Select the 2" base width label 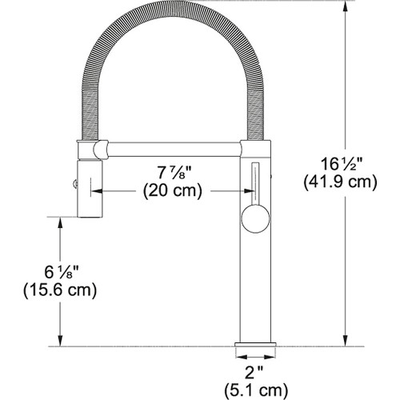click(254, 371)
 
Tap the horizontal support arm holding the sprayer click(171, 149)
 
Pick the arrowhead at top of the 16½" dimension click(346, 6)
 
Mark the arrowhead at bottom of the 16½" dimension click(346, 342)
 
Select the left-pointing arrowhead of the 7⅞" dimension click(98, 192)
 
